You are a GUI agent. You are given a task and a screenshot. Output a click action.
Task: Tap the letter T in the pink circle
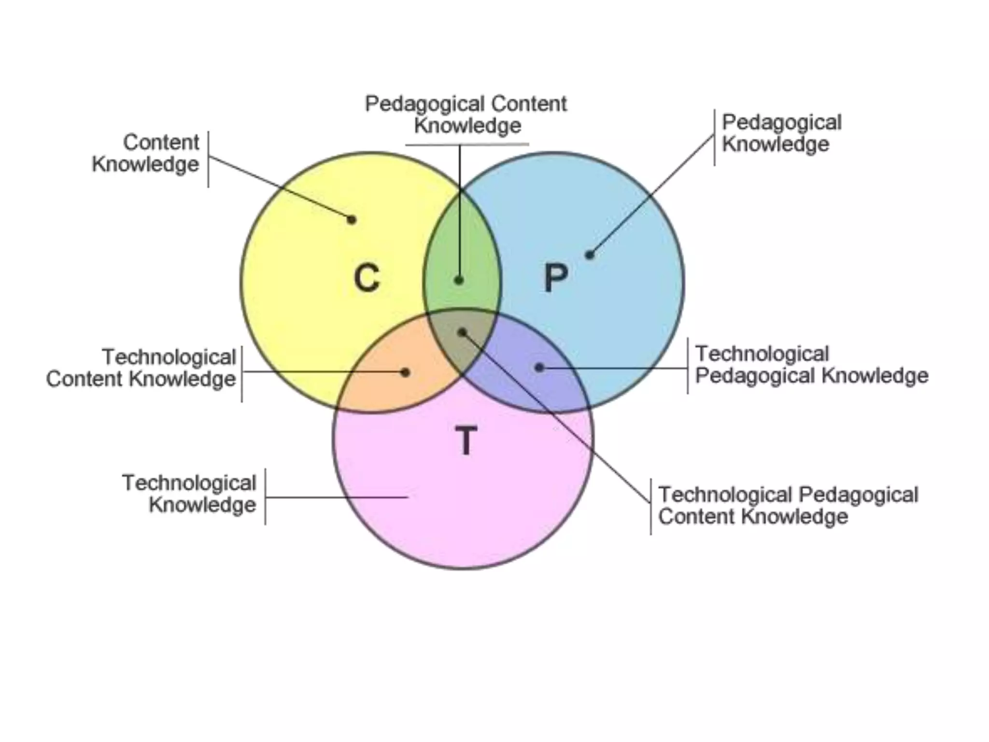[466, 440]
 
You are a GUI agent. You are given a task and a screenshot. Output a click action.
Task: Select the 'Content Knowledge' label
[146, 153]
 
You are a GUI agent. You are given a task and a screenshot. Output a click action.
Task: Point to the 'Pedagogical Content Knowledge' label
[466, 114]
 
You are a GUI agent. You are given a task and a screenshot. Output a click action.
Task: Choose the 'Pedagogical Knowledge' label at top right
[781, 133]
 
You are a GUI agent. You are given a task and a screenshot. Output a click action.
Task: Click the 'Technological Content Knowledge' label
[141, 368]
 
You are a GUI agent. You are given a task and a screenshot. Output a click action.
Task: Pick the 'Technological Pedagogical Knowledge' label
[811, 365]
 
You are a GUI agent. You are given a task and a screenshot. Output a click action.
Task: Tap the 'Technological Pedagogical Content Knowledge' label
[788, 505]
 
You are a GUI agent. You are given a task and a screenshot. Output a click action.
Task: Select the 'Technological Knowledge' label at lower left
[189, 494]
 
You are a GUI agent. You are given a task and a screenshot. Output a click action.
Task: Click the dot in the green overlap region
[459, 280]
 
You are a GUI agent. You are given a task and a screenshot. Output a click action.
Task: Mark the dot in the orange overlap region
[406, 372]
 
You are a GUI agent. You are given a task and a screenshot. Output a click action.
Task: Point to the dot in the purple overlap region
[539, 368]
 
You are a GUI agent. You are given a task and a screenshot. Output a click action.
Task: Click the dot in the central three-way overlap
[462, 332]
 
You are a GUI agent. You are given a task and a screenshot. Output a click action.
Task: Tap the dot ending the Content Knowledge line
[352, 220]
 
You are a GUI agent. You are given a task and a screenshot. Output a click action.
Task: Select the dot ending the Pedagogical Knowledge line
[590, 255]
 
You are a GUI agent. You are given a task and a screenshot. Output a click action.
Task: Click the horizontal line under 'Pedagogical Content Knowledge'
[467, 144]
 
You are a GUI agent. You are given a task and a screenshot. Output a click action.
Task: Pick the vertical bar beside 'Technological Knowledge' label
[265, 497]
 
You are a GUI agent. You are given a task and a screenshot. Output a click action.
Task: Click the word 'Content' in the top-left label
[161, 143]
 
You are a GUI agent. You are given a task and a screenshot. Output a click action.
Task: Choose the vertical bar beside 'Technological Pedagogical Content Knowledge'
[650, 506]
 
